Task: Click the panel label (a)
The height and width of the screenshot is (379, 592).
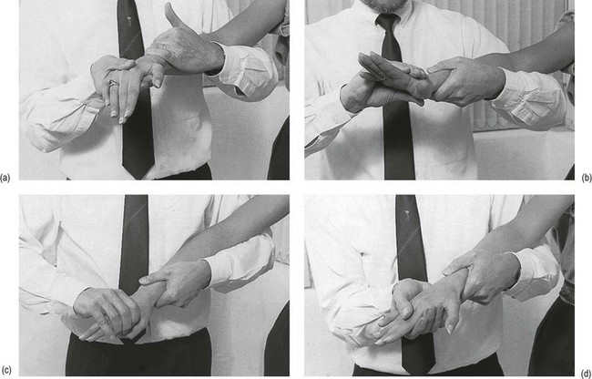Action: click(x=5, y=178)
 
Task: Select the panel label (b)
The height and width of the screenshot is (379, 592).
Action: click(x=587, y=178)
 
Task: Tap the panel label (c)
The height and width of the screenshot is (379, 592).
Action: click(x=5, y=370)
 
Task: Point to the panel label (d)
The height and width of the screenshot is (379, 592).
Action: click(x=587, y=370)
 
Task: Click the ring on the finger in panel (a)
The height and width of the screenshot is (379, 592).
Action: click(x=113, y=82)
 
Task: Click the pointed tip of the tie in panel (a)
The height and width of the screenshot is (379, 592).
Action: click(x=138, y=178)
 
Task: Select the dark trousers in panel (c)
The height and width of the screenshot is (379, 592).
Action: click(x=138, y=357)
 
